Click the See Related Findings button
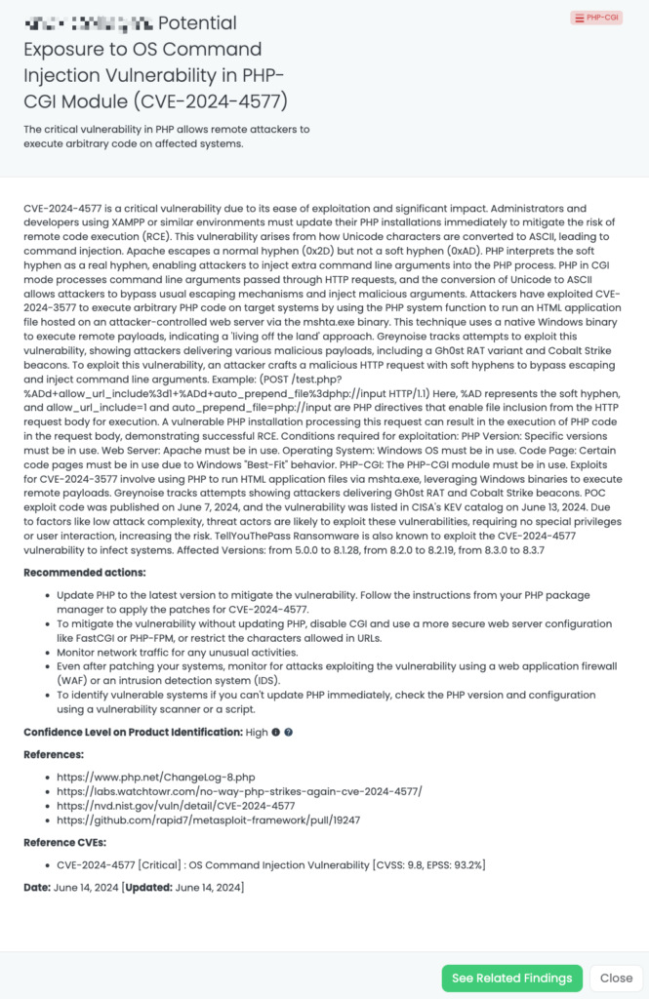click(x=511, y=979)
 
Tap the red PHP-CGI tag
click(x=596, y=18)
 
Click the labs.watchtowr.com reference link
click(x=239, y=791)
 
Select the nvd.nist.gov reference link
click(x=176, y=806)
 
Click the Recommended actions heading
click(x=87, y=572)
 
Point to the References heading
click(x=55, y=754)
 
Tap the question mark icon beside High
click(x=289, y=732)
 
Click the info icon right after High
click(x=275, y=732)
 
